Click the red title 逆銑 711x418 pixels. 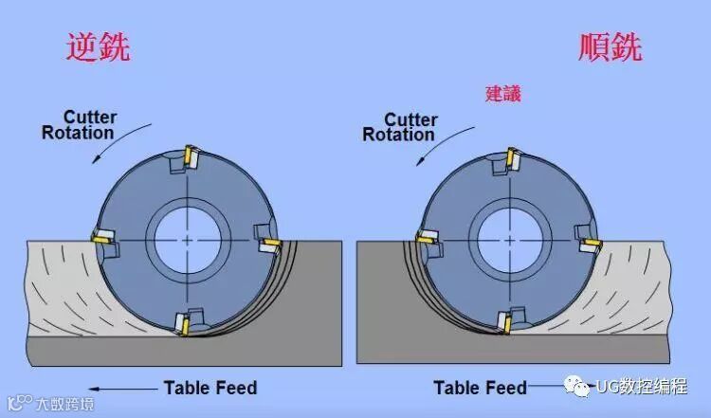click(97, 47)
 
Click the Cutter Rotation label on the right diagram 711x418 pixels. click(399, 127)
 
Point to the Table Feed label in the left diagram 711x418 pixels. click(210, 387)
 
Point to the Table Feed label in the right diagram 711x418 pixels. click(480, 387)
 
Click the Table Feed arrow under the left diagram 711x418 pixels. click(119, 387)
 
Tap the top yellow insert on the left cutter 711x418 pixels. click(190, 154)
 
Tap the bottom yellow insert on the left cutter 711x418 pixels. click(183, 326)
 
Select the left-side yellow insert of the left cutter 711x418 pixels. click(100, 237)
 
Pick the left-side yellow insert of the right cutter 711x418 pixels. click(424, 236)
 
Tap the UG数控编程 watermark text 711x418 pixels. click(641, 387)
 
